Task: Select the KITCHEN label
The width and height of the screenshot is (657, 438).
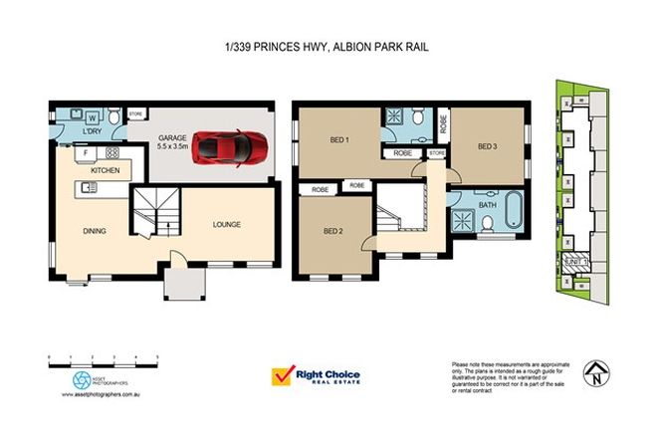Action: click(x=106, y=171)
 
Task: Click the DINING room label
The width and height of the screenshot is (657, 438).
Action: click(x=95, y=231)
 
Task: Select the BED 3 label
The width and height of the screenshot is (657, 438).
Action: click(x=487, y=147)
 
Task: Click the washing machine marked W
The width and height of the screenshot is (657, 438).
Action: click(x=92, y=117)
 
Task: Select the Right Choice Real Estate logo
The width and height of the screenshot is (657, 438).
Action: click(x=317, y=377)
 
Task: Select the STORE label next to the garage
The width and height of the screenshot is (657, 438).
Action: click(x=137, y=114)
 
